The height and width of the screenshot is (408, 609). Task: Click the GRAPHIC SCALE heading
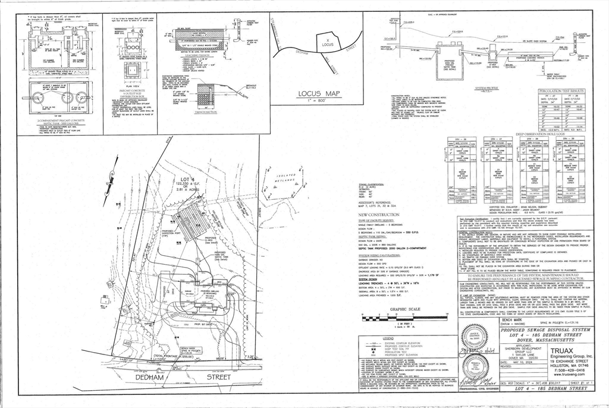pyautogui.click(x=388, y=309)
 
